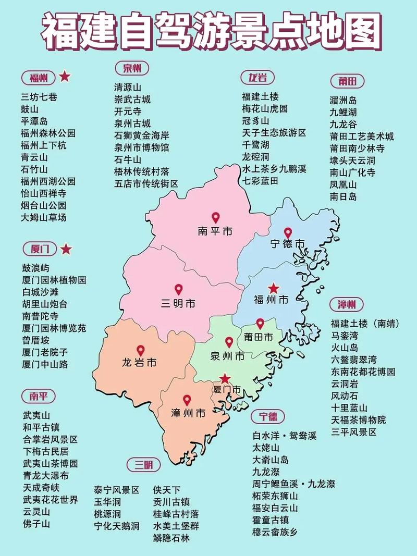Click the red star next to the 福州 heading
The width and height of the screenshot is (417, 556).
click(65, 77)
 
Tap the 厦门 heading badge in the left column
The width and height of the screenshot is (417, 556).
click(39, 249)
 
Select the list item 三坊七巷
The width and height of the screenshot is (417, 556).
click(39, 96)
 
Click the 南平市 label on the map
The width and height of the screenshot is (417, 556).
click(215, 231)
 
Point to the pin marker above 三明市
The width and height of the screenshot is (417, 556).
click(178, 290)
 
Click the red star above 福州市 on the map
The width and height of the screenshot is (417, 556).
click(273, 288)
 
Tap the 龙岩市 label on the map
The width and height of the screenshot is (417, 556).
click(139, 362)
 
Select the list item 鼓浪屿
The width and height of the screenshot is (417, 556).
click(35, 268)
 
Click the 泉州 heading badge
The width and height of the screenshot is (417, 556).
click(132, 68)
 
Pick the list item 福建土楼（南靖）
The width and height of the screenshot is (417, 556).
click(365, 324)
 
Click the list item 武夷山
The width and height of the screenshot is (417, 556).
click(35, 415)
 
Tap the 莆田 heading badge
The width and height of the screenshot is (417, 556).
click(347, 81)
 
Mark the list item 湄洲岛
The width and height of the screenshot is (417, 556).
click(343, 100)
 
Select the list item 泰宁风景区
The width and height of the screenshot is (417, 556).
click(116, 490)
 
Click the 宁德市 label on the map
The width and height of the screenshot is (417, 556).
click(288, 244)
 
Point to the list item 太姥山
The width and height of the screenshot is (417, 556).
click(266, 448)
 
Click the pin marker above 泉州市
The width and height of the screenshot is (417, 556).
click(229, 343)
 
